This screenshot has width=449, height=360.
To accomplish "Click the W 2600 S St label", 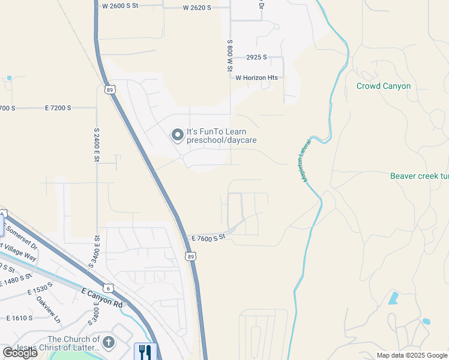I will (120, 5).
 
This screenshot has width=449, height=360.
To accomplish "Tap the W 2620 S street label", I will (197, 8).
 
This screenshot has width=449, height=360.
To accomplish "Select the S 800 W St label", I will (229, 56).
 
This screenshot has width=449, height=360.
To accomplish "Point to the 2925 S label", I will (256, 58).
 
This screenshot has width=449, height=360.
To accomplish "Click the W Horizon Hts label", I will (256, 78).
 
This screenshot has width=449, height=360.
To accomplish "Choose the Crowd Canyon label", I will (384, 86).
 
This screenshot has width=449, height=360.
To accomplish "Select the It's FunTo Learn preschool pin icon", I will (178, 135).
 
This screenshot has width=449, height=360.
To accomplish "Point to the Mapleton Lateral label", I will (304, 162).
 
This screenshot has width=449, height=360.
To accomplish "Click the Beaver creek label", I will (419, 176).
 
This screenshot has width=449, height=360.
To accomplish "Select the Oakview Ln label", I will (48, 309).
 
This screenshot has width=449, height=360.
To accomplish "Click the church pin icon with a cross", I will (108, 343).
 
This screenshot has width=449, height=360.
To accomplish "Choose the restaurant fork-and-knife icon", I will (145, 352).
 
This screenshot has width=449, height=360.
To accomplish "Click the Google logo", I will (20, 353).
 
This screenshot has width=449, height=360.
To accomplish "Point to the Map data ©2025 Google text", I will (411, 355).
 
